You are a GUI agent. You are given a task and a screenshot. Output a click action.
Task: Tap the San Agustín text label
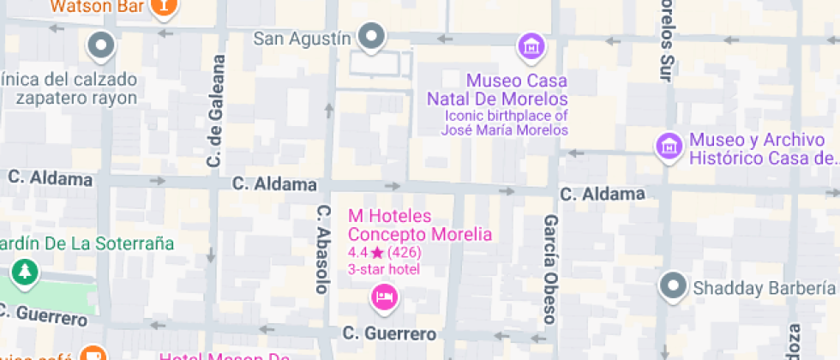pyautogui.click(x=303, y=39)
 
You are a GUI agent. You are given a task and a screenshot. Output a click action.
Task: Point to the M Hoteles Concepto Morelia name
pyautogui.click(x=419, y=225)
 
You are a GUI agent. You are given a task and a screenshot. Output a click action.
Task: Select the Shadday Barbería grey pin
pyautogui.click(x=674, y=285)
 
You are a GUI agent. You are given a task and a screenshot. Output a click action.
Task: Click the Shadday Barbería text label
pyautogui.click(x=763, y=288)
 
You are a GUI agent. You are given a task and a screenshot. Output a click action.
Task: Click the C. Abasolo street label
pyautogui.click(x=323, y=249)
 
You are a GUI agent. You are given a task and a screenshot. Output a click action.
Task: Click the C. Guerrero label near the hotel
pyautogui.click(x=389, y=333)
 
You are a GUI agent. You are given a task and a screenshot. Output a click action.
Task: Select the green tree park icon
pyautogui.click(x=25, y=273)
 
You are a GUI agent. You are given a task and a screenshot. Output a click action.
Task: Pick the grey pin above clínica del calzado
pyautogui.click(x=101, y=45)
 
